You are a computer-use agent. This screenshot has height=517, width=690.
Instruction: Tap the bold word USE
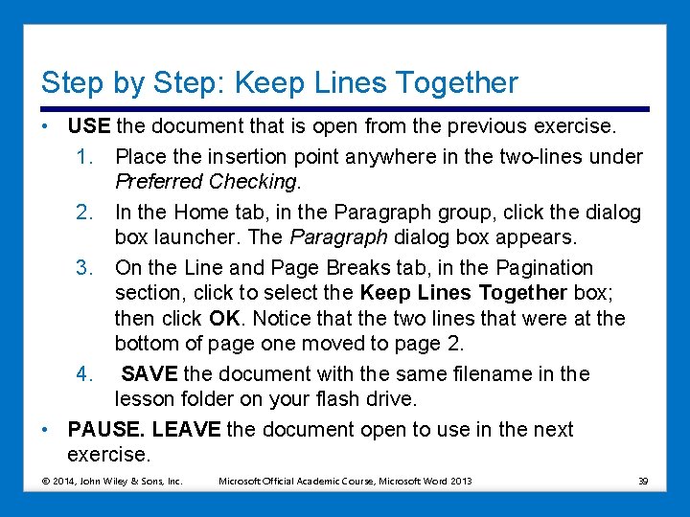point(89,125)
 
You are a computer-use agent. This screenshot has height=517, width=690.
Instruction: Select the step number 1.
point(84,157)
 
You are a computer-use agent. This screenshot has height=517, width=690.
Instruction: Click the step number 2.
point(84,213)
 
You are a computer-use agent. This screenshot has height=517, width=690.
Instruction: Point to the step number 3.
point(84,268)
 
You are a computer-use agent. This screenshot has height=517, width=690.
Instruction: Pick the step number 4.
point(84,374)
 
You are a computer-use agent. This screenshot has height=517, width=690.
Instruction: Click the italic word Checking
point(253,182)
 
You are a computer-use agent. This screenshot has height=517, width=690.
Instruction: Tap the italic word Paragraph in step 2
point(339,237)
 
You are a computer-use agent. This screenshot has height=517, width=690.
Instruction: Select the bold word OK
point(224,318)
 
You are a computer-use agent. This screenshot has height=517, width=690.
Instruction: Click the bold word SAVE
point(149,374)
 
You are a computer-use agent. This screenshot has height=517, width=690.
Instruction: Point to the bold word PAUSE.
point(106,430)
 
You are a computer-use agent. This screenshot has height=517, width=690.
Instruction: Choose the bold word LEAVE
point(186,430)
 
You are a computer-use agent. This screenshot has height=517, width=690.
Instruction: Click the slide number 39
point(643,482)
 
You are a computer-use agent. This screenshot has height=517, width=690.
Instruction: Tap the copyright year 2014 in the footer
point(65,482)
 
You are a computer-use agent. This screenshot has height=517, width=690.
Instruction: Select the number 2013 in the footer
point(460,482)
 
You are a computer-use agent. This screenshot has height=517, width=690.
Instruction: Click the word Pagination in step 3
point(544,268)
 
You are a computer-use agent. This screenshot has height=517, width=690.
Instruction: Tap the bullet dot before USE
point(44,126)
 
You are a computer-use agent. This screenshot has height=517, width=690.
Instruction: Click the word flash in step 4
point(337,399)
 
